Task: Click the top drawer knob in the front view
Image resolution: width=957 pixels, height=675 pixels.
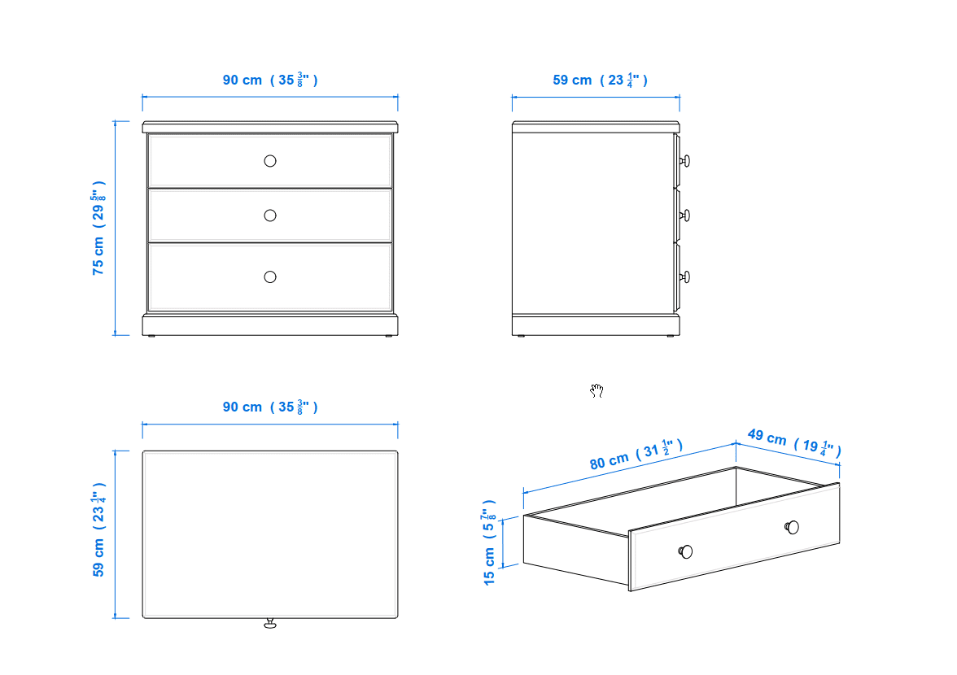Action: pyautogui.click(x=270, y=161)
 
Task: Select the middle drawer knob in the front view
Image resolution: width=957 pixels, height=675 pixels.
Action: pyautogui.click(x=270, y=216)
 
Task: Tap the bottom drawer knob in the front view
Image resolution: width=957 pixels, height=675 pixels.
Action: pyautogui.click(x=270, y=277)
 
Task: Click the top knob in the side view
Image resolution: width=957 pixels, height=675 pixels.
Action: pyautogui.click(x=685, y=161)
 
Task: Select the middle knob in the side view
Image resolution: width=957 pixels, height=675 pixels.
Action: pyautogui.click(x=685, y=216)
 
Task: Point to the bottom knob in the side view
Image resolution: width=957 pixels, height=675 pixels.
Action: pyautogui.click(x=685, y=277)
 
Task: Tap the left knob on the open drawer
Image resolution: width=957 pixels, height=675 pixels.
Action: pyautogui.click(x=685, y=552)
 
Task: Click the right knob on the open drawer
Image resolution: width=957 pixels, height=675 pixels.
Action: pyautogui.click(x=792, y=527)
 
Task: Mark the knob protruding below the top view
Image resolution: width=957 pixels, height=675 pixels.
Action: pyautogui.click(x=270, y=623)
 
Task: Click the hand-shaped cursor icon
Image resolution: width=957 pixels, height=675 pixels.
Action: pyautogui.click(x=597, y=390)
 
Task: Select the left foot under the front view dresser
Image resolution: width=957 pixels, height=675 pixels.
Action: pyautogui.click(x=151, y=336)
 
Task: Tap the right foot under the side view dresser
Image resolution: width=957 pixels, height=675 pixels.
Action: pyautogui.click(x=671, y=336)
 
